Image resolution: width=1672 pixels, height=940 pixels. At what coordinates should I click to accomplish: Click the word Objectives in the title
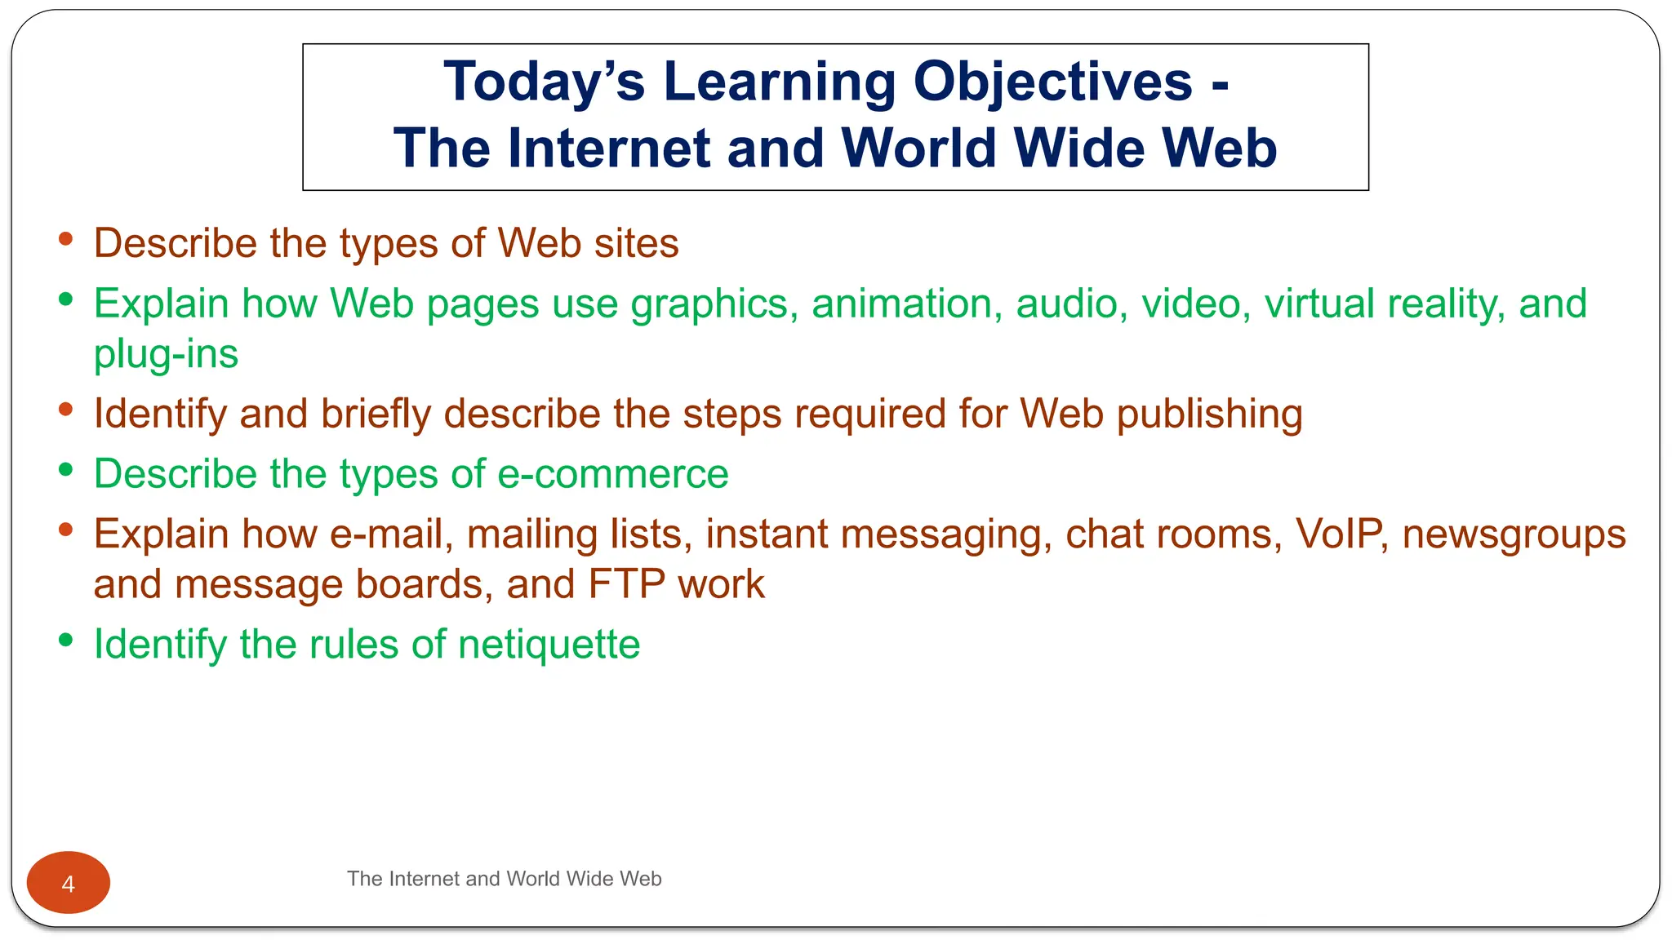[1052, 83]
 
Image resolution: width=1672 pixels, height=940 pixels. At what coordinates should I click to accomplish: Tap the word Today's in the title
[545, 82]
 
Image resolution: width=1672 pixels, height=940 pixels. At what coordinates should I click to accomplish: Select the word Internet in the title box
[609, 149]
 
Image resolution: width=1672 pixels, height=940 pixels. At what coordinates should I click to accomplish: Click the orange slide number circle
[69, 882]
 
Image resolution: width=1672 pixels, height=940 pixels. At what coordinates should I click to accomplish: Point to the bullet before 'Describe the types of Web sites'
[66, 239]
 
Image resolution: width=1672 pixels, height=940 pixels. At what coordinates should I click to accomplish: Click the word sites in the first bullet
[636, 243]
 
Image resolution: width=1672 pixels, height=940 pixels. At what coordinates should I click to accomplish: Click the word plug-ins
[166, 354]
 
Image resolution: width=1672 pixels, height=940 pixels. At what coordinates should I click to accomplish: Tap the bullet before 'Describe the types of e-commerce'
[66, 470]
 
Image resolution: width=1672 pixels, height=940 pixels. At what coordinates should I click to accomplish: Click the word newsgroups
[1514, 535]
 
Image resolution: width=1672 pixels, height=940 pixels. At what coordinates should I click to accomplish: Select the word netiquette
[549, 645]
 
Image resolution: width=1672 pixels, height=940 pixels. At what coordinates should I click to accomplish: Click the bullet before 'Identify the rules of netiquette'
[66, 641]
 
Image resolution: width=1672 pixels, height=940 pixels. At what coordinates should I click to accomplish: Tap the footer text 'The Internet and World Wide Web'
[504, 879]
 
